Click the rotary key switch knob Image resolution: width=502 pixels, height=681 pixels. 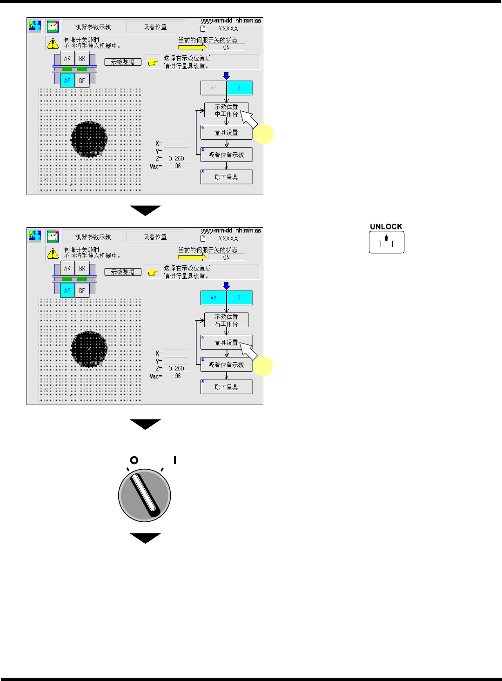pos(145,495)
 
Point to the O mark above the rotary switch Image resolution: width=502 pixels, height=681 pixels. pos(134,460)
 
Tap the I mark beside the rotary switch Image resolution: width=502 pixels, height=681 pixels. pos(175,460)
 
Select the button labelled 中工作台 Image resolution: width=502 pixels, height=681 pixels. pos(226,110)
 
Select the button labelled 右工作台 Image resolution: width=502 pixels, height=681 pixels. pos(226,320)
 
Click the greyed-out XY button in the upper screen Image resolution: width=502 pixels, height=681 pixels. pos(213,88)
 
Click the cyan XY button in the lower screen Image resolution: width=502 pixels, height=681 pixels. pos(213,298)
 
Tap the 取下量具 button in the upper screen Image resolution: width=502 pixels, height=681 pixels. pos(227,177)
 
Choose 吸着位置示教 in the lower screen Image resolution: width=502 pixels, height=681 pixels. pos(227,364)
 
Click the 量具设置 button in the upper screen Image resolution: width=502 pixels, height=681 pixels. pos(227,133)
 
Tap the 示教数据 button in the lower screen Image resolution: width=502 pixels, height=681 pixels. pos(123,272)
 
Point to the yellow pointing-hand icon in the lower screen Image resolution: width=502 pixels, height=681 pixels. pos(153,272)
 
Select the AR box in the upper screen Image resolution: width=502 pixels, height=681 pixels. pos(67,59)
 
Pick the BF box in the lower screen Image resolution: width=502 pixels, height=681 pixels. pos(82,290)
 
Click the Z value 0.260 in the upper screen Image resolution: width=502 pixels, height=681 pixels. pos(176,158)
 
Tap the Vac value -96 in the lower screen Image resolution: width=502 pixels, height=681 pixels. pos(176,376)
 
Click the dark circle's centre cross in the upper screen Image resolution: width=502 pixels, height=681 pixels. pos(89,139)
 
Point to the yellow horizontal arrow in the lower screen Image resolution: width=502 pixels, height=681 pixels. pos(192,257)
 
